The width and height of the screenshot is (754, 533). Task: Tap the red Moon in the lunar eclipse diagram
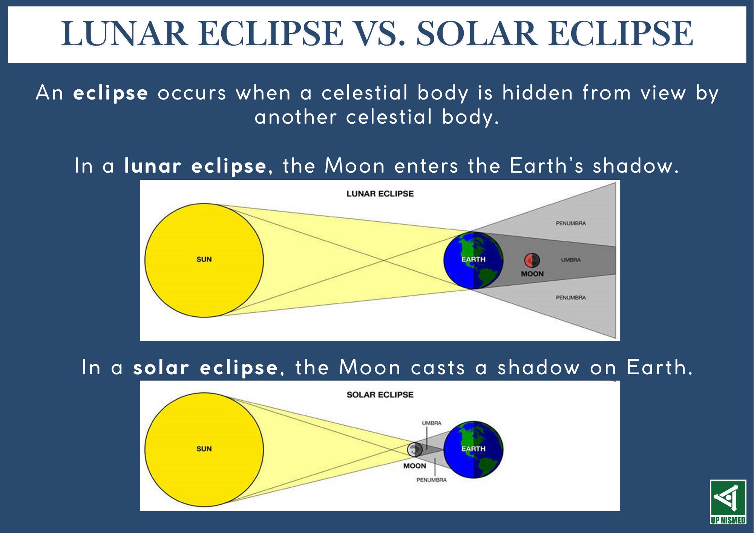[x=532, y=260]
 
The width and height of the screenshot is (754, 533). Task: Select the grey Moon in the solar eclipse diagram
[x=415, y=449]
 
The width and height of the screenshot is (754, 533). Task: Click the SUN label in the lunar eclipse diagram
[x=204, y=259]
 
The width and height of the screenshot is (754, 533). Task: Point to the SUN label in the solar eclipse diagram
[x=204, y=449]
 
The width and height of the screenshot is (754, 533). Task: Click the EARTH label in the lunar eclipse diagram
[x=474, y=259]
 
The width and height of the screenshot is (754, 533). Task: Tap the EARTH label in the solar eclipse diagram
[x=474, y=449]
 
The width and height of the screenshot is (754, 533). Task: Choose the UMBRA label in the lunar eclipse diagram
[x=571, y=260]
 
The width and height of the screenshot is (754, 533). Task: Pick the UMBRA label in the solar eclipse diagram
[x=432, y=423]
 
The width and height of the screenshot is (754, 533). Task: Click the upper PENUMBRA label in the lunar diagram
[x=571, y=223]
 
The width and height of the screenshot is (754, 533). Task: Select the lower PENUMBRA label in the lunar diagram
[x=571, y=297]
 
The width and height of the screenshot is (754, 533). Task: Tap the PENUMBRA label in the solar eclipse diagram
[x=432, y=480]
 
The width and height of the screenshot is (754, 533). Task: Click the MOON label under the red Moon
[x=532, y=274]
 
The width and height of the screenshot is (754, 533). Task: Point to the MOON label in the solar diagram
[x=415, y=466]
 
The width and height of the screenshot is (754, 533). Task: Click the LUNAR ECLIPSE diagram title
[x=380, y=194]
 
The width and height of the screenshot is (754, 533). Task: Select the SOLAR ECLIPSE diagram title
[x=380, y=395]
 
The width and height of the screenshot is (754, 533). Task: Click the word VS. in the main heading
[x=380, y=34]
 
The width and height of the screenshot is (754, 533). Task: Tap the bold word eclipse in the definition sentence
[x=110, y=93]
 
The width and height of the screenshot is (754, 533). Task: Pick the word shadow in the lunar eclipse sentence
[x=636, y=166]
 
